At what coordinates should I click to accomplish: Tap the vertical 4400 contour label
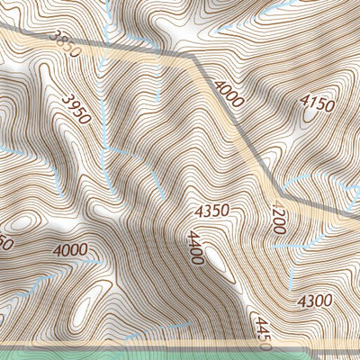(x=193, y=249)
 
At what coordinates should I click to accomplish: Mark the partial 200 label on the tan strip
(x=277, y=220)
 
